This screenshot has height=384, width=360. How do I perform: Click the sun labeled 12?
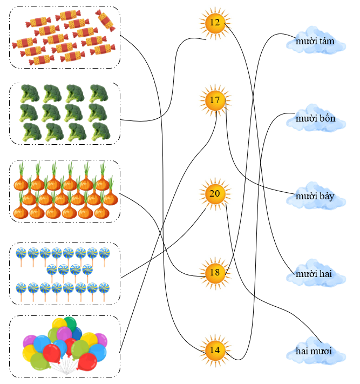coord(215,23)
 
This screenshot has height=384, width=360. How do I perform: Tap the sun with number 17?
coord(215,100)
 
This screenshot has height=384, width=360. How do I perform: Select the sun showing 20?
coord(215,193)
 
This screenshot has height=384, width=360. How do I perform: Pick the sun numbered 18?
coord(215,272)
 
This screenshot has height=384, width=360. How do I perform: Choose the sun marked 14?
coord(215,350)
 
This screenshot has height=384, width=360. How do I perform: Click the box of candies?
coord(65,37)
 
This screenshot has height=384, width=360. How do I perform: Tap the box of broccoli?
coord(65,113)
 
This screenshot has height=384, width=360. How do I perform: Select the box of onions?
coord(65,191)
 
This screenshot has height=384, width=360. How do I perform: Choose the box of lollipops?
coord(65,273)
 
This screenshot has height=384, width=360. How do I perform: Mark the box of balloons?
coord(65,346)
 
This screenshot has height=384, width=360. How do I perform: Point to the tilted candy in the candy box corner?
coord(105,20)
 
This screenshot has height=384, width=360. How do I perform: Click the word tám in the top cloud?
coord(327,42)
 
